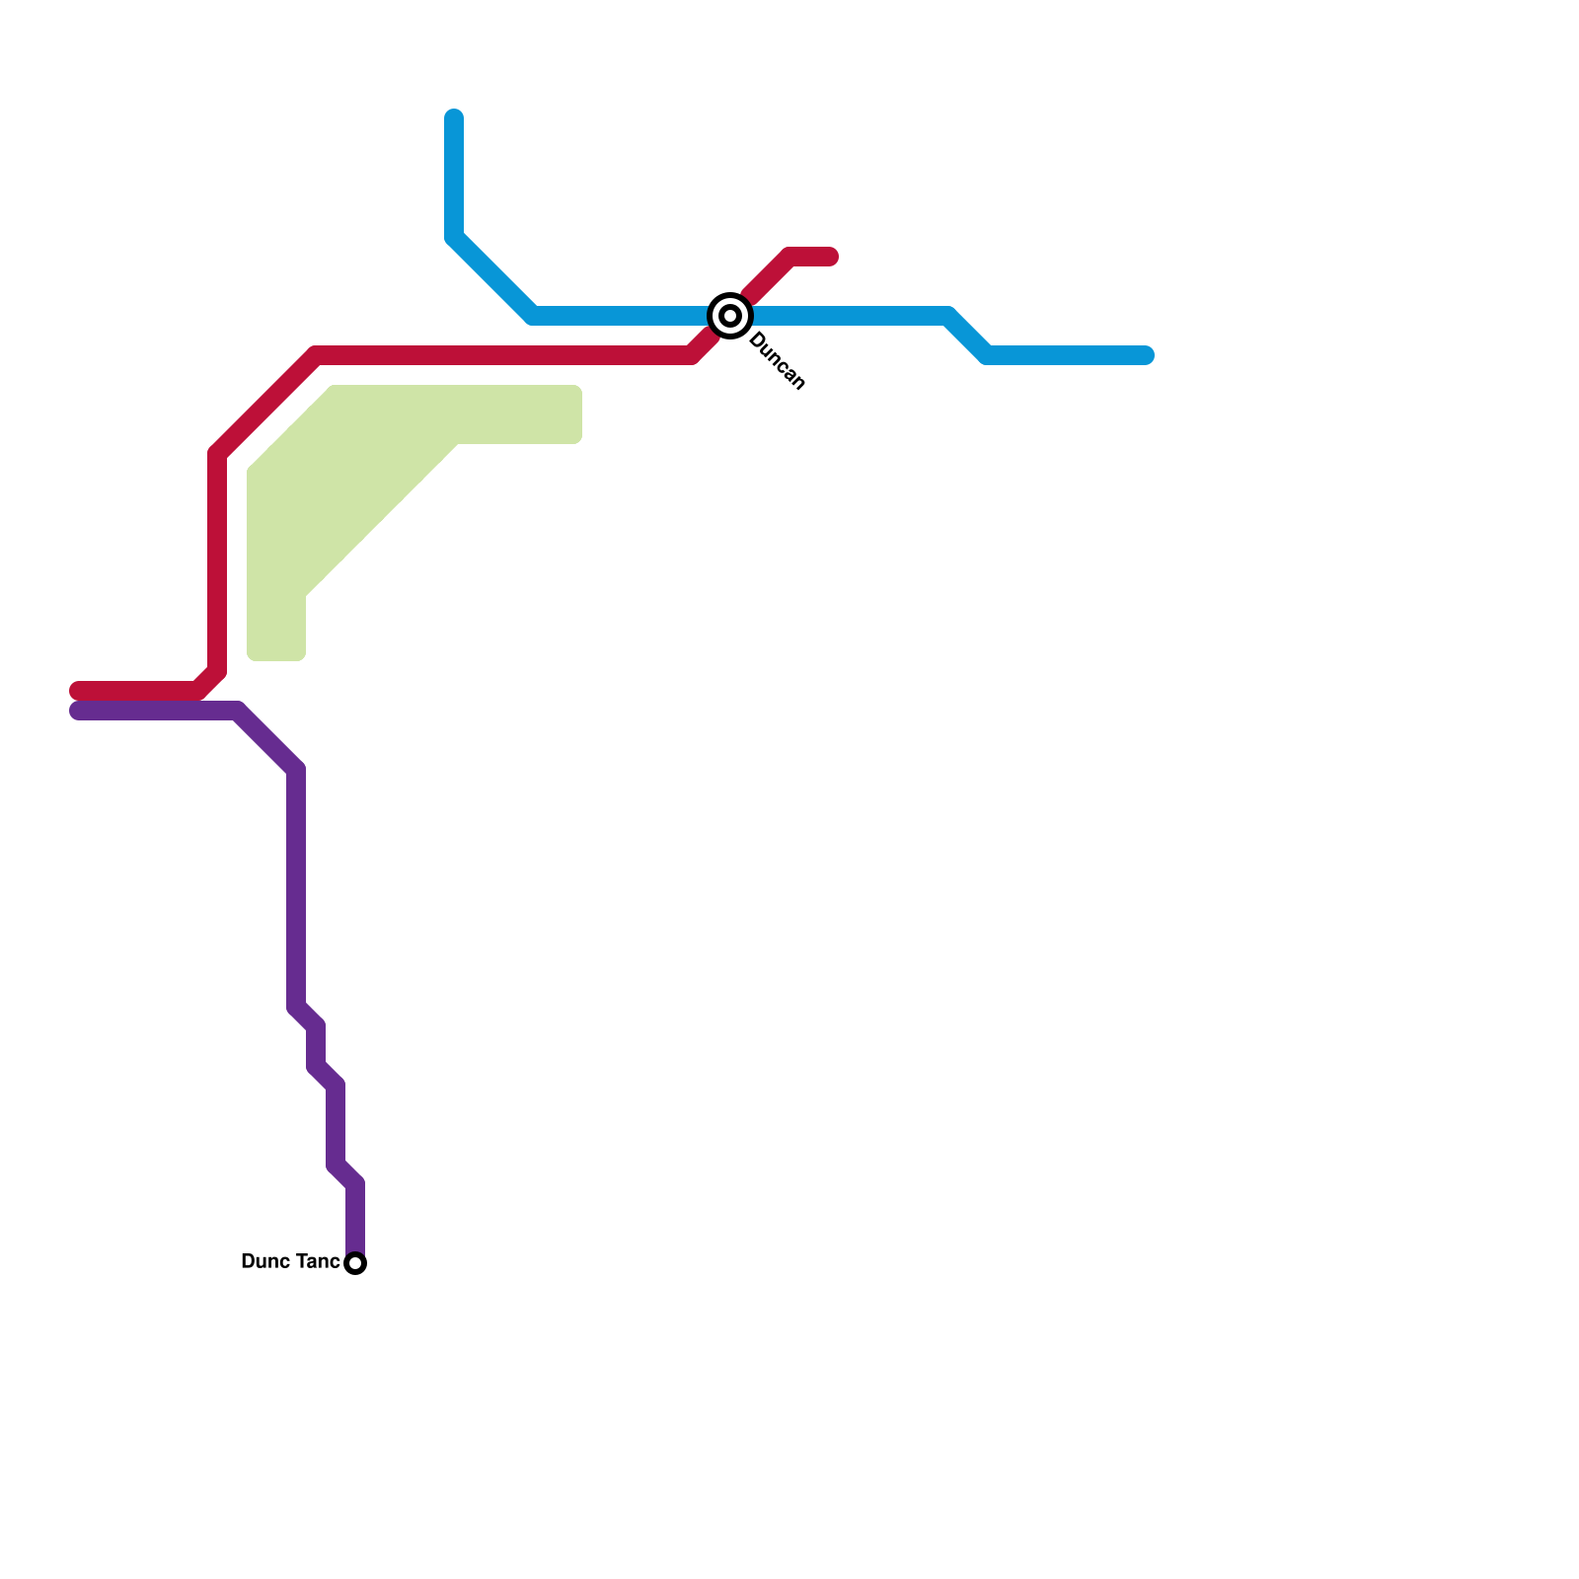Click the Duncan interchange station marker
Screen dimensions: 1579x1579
pos(730,316)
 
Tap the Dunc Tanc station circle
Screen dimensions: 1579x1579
pos(356,1263)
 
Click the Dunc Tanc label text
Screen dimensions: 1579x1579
pos(290,1262)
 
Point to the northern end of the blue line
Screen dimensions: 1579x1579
pos(454,117)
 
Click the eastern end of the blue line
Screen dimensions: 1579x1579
pos(1147,355)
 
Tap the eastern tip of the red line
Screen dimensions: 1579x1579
pos(831,257)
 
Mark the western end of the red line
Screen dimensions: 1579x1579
pos(77,690)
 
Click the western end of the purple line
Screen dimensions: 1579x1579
pos(77,712)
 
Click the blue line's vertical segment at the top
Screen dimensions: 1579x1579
pos(454,178)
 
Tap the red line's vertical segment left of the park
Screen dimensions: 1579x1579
pos(217,563)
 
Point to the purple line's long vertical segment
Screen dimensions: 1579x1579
pos(296,888)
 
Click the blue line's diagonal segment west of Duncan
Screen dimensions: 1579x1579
pos(493,276)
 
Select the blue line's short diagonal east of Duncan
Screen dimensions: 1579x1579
pos(967,336)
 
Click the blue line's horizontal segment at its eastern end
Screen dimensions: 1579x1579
pos(1066,355)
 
